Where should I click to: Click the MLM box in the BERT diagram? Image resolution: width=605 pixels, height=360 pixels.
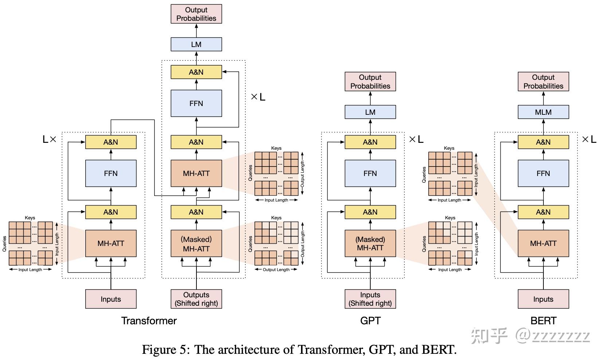coord(543,112)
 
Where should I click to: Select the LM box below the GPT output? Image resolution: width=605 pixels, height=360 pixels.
coord(370,112)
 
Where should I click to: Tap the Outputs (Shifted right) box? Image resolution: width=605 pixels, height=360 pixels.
coord(196,299)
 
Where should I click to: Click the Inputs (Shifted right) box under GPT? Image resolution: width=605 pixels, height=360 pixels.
coord(370,299)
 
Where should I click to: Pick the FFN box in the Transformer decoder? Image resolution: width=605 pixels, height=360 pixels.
coord(196,103)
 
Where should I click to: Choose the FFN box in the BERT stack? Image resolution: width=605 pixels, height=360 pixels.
coord(543,173)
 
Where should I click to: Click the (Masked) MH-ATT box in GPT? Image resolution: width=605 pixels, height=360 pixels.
coord(370,243)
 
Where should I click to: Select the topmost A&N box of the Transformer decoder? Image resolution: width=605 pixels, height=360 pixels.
coord(196,72)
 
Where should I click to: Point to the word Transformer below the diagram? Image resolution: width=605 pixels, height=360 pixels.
coord(149,321)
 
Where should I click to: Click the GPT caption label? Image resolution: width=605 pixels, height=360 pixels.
coord(370,321)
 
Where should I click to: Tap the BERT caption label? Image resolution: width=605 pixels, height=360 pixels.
coord(543,321)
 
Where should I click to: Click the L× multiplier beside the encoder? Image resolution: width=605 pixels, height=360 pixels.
coord(50,139)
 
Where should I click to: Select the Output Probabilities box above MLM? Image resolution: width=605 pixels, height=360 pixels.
coord(543,81)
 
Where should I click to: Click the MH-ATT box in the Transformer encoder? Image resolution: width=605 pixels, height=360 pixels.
coord(111,243)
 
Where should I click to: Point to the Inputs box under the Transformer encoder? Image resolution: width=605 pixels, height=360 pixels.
coord(111,299)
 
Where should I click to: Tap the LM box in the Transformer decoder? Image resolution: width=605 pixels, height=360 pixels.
coord(196,44)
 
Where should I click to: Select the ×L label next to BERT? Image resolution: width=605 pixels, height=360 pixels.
coord(589,139)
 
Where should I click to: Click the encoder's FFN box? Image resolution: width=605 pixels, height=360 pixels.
coord(111,173)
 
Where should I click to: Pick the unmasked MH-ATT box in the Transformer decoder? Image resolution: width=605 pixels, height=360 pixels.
coord(196,173)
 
